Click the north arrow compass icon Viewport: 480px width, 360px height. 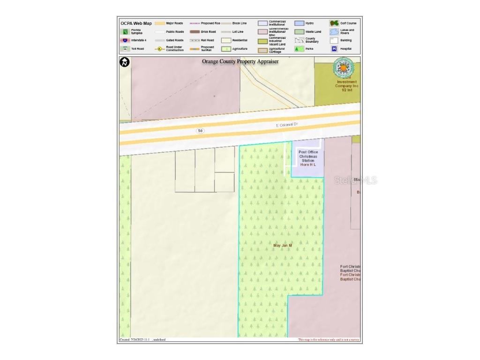pyautogui.click(x=125, y=62)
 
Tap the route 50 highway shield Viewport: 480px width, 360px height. pyautogui.click(x=200, y=131)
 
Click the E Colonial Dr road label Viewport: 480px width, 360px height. pyautogui.click(x=286, y=124)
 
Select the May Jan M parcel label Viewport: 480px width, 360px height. pyautogui.click(x=283, y=245)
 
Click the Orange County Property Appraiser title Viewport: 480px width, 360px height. pyautogui.click(x=240, y=61)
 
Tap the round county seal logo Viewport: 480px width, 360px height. pyautogui.click(x=344, y=68)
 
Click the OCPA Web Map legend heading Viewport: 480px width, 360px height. pyautogui.click(x=136, y=23)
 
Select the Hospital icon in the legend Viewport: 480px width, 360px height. pyautogui.click(x=334, y=49)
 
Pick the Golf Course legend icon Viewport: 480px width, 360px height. pyautogui.click(x=334, y=23)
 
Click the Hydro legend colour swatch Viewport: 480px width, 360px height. pyautogui.click(x=299, y=23)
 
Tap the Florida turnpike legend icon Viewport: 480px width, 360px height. pyautogui.click(x=125, y=32)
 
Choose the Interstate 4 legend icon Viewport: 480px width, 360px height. pyautogui.click(x=125, y=40)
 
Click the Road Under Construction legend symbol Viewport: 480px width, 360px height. pyautogui.click(x=159, y=49)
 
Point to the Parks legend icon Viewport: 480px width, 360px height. pyautogui.click(x=299, y=49)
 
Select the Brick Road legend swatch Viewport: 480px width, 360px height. pyautogui.click(x=195, y=32)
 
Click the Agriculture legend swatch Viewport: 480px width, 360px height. pyautogui.click(x=226, y=49)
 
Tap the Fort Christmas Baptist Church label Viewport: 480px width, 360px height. pyautogui.click(x=350, y=273)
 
